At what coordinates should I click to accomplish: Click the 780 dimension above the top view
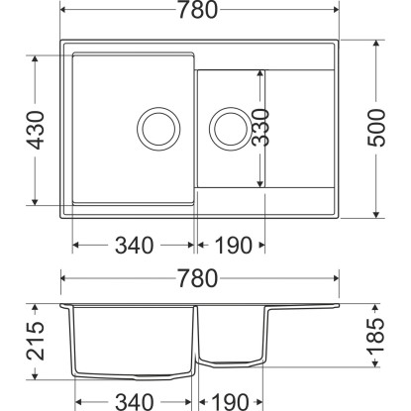[198, 10]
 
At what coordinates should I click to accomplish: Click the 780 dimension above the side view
[198, 278]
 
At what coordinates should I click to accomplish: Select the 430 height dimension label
[36, 130]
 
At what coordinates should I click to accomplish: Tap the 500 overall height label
[376, 128]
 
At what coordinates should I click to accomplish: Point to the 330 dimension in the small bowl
[260, 128]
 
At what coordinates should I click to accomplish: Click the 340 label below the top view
[134, 246]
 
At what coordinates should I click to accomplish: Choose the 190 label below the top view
[234, 246]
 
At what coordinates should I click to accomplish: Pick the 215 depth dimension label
[36, 341]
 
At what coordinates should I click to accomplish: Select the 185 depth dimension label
[376, 336]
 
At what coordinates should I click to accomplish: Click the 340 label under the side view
[134, 402]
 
